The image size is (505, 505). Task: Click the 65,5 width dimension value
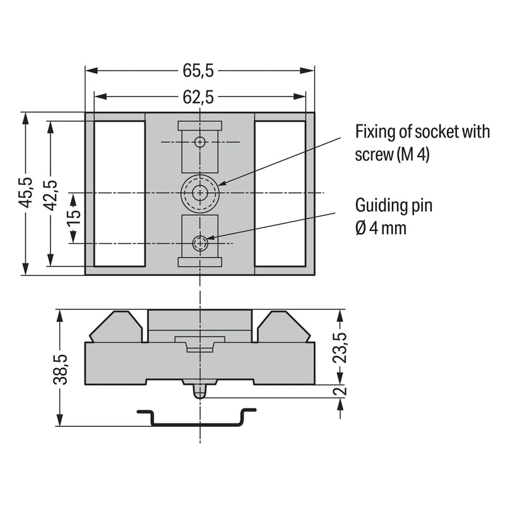click(198, 71)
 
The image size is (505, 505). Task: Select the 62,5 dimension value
click(198, 97)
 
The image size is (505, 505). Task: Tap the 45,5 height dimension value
click(25, 193)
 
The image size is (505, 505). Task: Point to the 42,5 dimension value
click(50, 195)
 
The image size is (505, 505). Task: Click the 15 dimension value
click(74, 218)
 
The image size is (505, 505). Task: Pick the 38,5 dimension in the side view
click(60, 370)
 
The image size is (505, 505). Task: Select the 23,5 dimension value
click(340, 348)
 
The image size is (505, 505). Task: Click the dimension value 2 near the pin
click(340, 391)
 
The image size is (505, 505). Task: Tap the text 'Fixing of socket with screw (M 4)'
click(422, 143)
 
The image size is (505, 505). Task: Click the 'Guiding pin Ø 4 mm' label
click(393, 217)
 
